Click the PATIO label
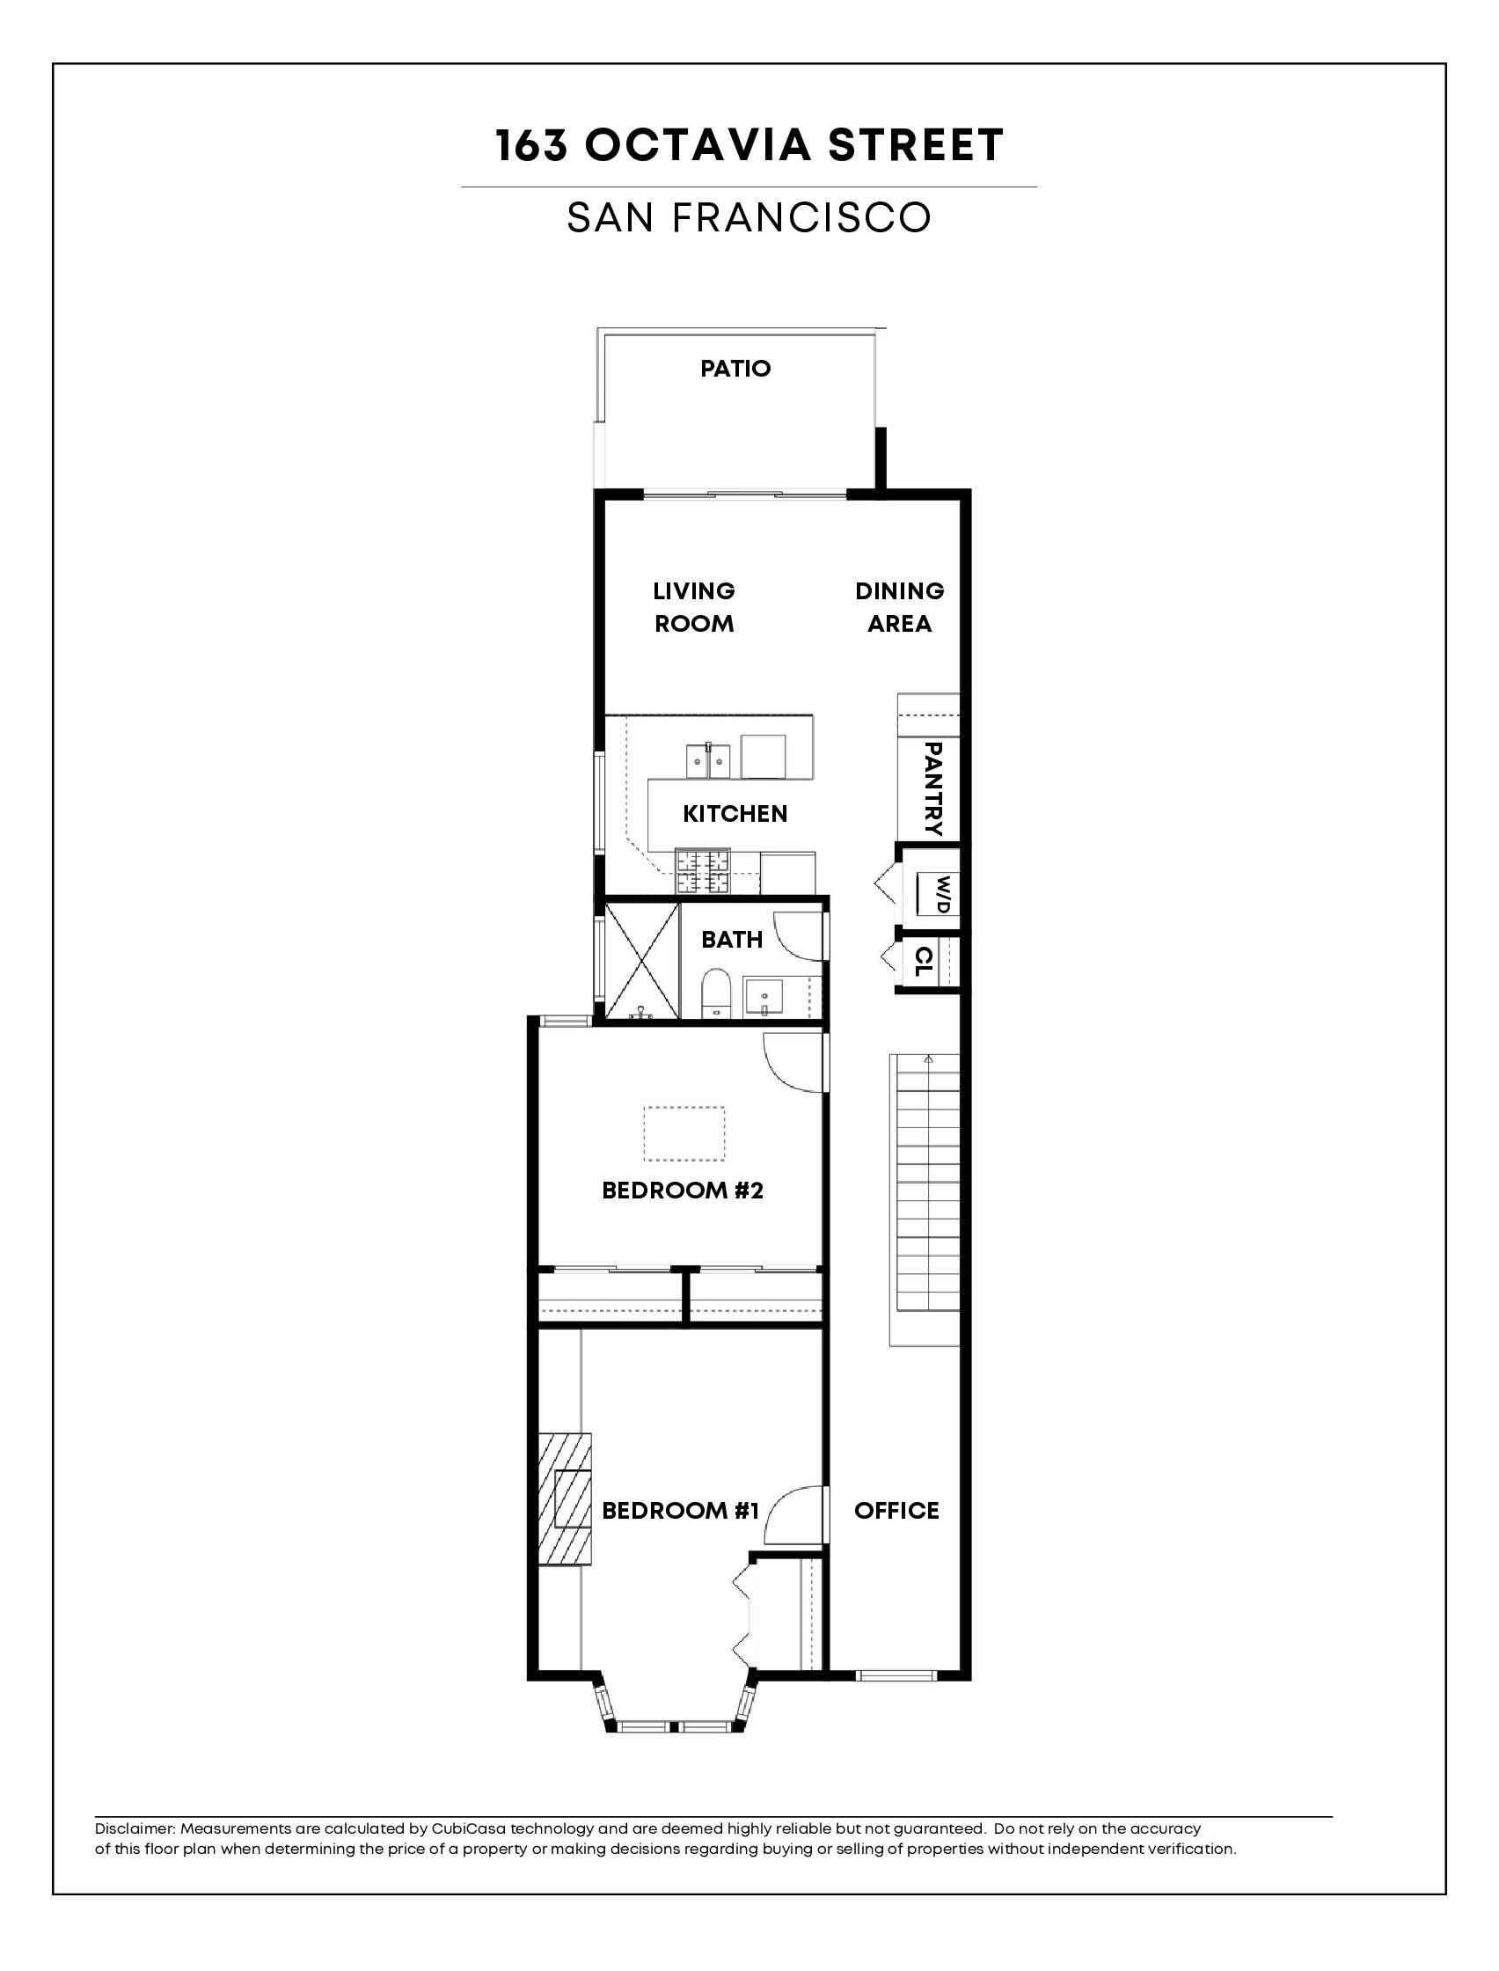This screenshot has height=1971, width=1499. (735, 369)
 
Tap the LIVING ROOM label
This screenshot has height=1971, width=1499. (694, 607)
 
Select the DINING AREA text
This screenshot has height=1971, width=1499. (899, 607)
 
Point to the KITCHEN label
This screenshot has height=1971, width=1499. (735, 814)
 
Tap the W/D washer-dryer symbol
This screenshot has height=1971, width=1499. (935, 893)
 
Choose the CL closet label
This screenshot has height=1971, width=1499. (925, 961)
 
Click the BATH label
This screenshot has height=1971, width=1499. (732, 940)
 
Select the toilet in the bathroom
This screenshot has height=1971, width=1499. (715, 996)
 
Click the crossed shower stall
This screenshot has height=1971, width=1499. (641, 961)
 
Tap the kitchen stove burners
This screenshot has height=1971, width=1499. (703, 873)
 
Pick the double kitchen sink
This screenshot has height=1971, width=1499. (707, 761)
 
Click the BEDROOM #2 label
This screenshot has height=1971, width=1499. (683, 1191)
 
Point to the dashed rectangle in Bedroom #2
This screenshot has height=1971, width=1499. (684, 1134)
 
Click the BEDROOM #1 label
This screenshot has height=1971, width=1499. (681, 1511)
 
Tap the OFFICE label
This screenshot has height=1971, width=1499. (896, 1511)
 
